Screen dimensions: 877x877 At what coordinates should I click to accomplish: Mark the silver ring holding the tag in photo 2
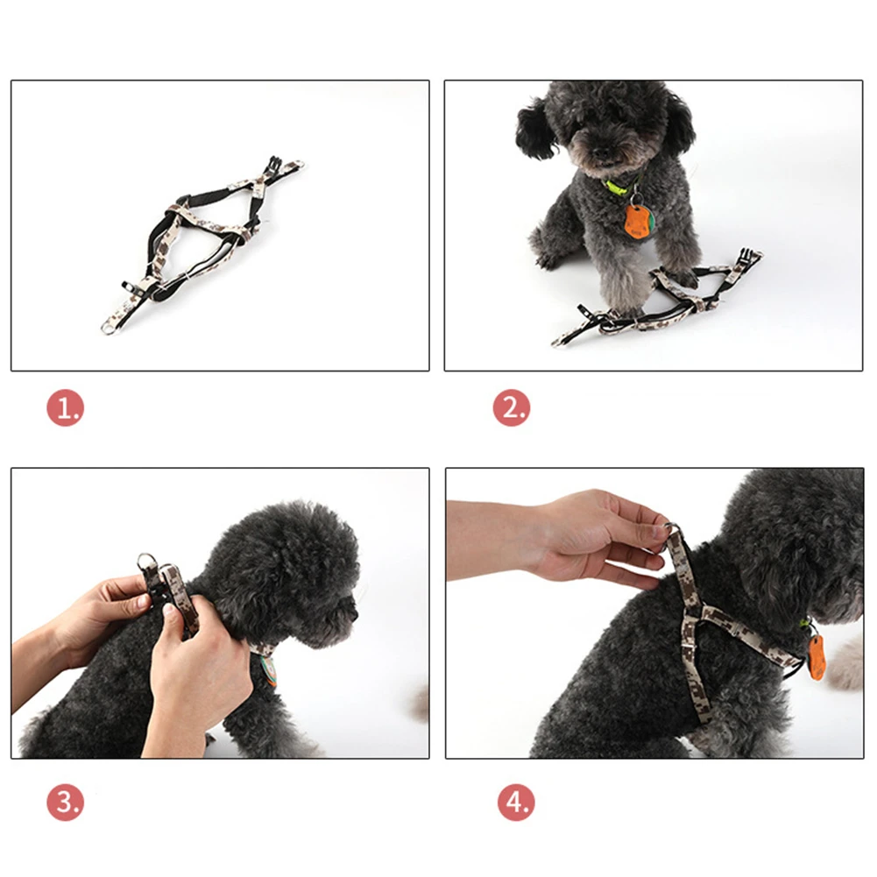click(633, 201)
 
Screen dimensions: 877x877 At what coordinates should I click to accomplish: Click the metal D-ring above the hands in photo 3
click(146, 562)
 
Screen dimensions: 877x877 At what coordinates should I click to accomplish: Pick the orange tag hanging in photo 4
click(816, 657)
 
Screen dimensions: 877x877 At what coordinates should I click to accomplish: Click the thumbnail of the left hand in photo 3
click(142, 603)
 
